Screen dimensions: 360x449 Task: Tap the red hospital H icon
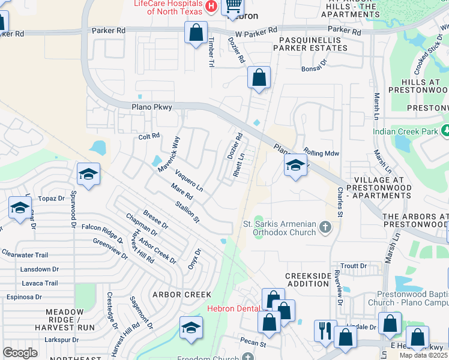[x=211, y=7]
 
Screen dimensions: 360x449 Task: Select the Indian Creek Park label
[x=405, y=131]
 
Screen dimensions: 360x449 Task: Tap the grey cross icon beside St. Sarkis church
[x=325, y=226]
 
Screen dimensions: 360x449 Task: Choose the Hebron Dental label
[x=234, y=309]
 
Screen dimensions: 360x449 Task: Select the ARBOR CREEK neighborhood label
[x=182, y=295]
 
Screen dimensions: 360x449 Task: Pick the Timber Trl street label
[x=211, y=51]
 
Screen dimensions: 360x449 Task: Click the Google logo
[x=20, y=353]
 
